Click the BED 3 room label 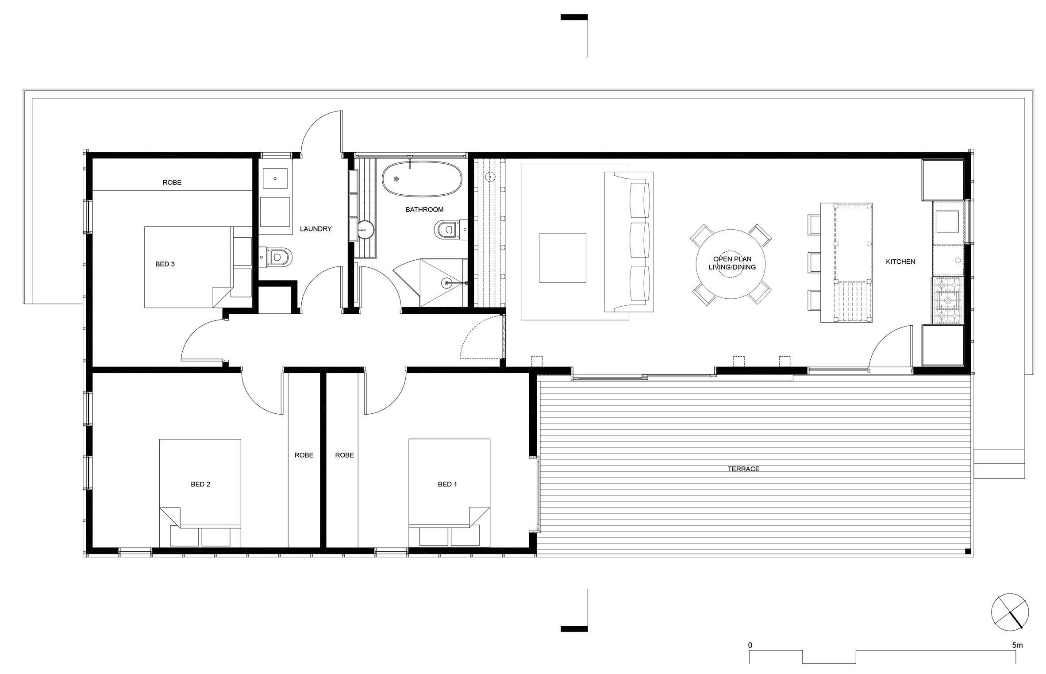coord(165,264)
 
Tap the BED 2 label coord(200,484)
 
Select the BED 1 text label coord(447,484)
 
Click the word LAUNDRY coord(315,229)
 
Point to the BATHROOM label coord(424,209)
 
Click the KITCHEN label coord(900,262)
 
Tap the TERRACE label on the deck coord(743,469)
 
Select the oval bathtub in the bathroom coord(422,179)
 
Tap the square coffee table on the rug coord(562,258)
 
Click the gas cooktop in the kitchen coord(947,300)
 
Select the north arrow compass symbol coord(1010,613)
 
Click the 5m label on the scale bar coord(1017,646)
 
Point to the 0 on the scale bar coord(750,646)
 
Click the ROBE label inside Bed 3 coord(172,182)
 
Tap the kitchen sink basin coord(947,221)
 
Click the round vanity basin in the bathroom coord(366,229)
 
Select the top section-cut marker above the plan coord(574,18)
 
